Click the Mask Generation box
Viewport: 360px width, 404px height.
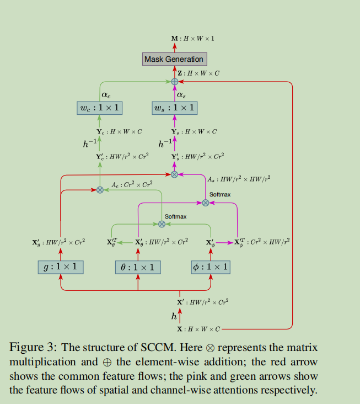tap(174, 59)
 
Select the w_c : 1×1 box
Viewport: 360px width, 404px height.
tap(99, 107)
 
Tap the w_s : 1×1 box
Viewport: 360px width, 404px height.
tap(174, 107)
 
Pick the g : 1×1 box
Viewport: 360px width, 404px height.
tap(61, 267)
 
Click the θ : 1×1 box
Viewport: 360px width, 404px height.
tap(138, 267)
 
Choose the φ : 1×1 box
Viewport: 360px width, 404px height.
tap(210, 267)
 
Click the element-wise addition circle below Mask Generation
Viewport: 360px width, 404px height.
tap(174, 82)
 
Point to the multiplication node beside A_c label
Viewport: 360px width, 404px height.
tap(100, 190)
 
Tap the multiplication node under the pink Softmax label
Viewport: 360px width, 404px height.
tap(206, 203)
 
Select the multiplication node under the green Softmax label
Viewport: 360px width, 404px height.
tap(162, 224)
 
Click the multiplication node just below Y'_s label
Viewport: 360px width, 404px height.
tap(174, 174)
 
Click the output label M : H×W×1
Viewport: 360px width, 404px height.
tap(192, 39)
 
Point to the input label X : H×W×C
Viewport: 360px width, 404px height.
tap(198, 329)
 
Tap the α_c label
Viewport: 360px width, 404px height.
tap(106, 94)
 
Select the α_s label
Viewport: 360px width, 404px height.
tap(181, 94)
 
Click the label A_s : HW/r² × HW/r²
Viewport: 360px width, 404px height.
tap(239, 179)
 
